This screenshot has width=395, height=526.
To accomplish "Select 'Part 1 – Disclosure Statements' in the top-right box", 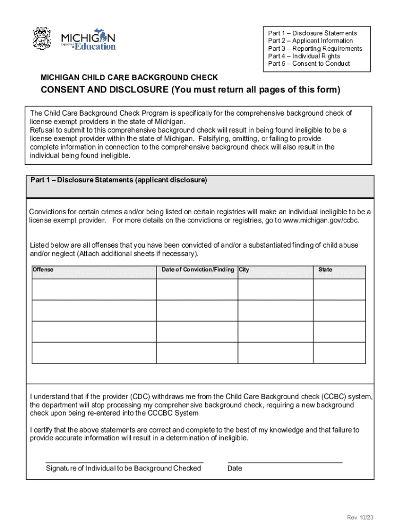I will click(312, 33).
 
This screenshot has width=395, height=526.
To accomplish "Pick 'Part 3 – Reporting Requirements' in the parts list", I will click(315, 49).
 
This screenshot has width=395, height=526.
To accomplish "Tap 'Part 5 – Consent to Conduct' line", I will click(309, 64).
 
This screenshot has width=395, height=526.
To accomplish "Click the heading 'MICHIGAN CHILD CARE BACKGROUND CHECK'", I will click(129, 78).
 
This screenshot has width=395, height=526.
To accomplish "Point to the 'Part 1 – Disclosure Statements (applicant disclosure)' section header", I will click(118, 180).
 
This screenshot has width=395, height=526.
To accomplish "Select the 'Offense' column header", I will click(43, 270).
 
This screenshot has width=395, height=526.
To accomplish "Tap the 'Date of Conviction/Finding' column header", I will click(197, 270).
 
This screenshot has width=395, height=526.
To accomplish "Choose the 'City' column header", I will click(244, 270).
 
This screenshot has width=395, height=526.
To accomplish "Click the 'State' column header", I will click(325, 270).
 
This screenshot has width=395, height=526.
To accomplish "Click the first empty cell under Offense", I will click(94, 290).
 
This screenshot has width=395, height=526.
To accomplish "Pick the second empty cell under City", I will click(275, 311).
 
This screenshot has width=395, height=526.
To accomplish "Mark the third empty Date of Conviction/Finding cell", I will click(197, 332).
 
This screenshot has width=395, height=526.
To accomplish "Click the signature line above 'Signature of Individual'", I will click(124, 462).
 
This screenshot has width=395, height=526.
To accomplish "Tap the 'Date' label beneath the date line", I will click(234, 468).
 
